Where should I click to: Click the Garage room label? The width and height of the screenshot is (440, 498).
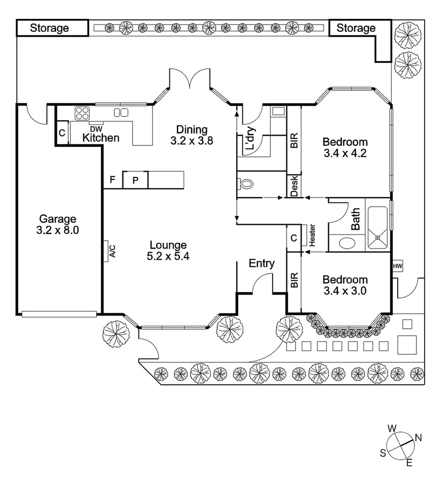pyautogui.click(x=57, y=219)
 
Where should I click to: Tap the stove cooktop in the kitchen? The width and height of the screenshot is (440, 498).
pyautogui.click(x=82, y=113)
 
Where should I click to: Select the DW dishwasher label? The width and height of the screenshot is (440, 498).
pyautogui.click(x=96, y=129)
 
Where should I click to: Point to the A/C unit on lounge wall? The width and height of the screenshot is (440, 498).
pyautogui.click(x=110, y=251)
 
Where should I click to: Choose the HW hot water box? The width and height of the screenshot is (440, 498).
pyautogui.click(x=397, y=266)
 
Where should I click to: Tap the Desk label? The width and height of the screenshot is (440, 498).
pyautogui.click(x=295, y=186)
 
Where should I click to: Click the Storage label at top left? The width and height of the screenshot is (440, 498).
pyautogui.click(x=49, y=28)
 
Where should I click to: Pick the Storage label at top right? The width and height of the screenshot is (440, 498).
pyautogui.click(x=356, y=28)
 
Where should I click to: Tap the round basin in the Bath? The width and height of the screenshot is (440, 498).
pyautogui.click(x=348, y=243)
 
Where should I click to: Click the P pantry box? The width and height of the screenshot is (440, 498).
pyautogui.click(x=136, y=180)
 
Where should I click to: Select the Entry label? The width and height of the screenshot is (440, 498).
pyautogui.click(x=262, y=263)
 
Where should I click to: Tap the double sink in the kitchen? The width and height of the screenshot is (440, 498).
pyautogui.click(x=121, y=112)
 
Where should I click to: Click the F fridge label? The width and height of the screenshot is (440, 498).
pyautogui.click(x=112, y=180)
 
